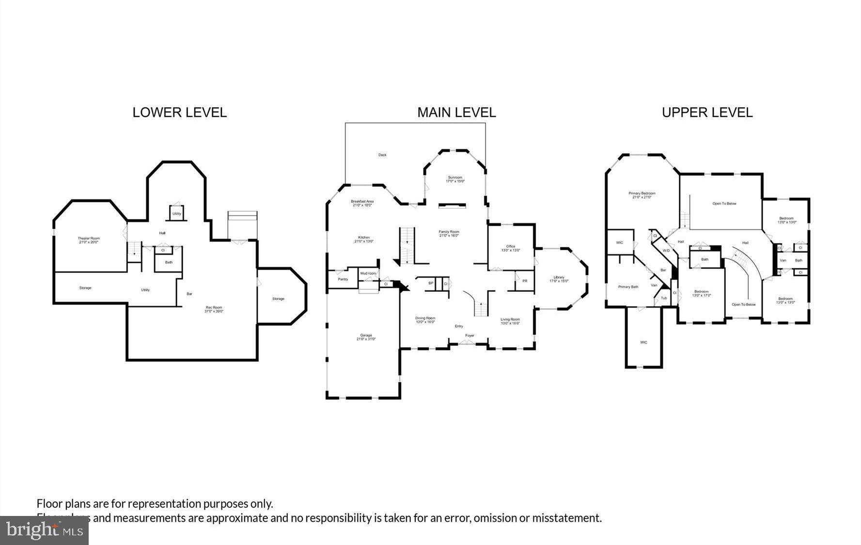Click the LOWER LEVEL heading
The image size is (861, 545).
(179, 112)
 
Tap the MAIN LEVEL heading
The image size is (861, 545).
(456, 112)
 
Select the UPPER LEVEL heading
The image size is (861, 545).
(707, 112)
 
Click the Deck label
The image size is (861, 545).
(382, 155)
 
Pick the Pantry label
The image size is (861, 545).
(343, 279)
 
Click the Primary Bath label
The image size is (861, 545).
(628, 287)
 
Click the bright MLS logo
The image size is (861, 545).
(44, 530)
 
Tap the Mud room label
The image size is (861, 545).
(368, 273)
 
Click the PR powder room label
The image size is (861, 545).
(525, 281)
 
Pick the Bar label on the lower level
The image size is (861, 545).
(189, 294)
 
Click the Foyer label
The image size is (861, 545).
(470, 335)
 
